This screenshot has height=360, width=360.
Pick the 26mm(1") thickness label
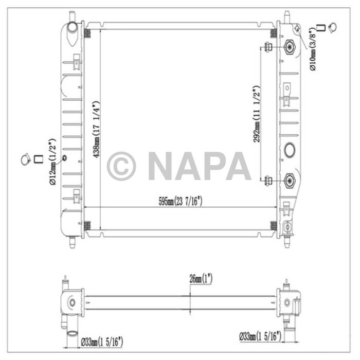200,279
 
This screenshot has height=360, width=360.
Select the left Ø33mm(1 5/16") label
101,340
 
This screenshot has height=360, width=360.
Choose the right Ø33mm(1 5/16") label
260,336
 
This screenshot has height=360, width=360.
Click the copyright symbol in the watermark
121,166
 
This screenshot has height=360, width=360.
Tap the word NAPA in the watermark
200,166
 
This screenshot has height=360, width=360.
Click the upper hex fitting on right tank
289,48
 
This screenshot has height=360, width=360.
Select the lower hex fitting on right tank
289,181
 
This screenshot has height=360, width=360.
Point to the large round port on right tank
290,151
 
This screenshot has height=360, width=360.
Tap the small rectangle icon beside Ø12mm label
38,160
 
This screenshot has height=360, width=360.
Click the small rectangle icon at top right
320,27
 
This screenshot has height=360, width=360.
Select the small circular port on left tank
64,158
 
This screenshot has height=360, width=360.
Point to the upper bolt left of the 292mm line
268,48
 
